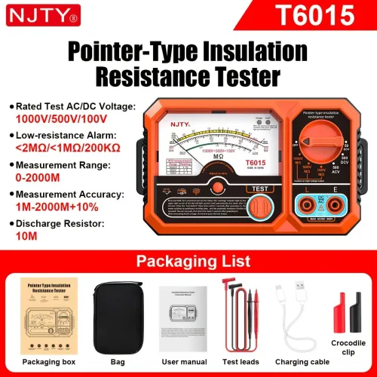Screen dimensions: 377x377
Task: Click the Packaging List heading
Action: point(188,262)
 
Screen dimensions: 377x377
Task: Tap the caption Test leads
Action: point(239,362)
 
